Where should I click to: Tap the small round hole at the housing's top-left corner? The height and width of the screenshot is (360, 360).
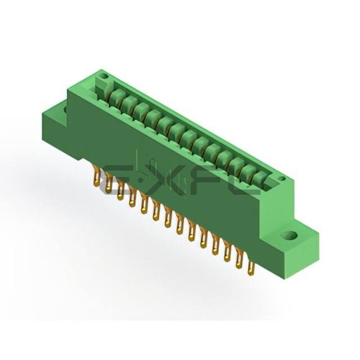click(105, 76)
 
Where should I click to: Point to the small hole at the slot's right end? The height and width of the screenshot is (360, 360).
click(282, 178)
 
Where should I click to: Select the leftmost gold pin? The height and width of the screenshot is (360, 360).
click(96, 176)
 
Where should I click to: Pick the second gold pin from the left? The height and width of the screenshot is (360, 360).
click(109, 183)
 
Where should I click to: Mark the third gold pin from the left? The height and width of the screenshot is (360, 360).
click(120, 190)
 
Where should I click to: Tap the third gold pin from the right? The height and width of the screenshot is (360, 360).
click(227, 253)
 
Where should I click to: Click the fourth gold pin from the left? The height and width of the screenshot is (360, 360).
click(132, 197)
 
